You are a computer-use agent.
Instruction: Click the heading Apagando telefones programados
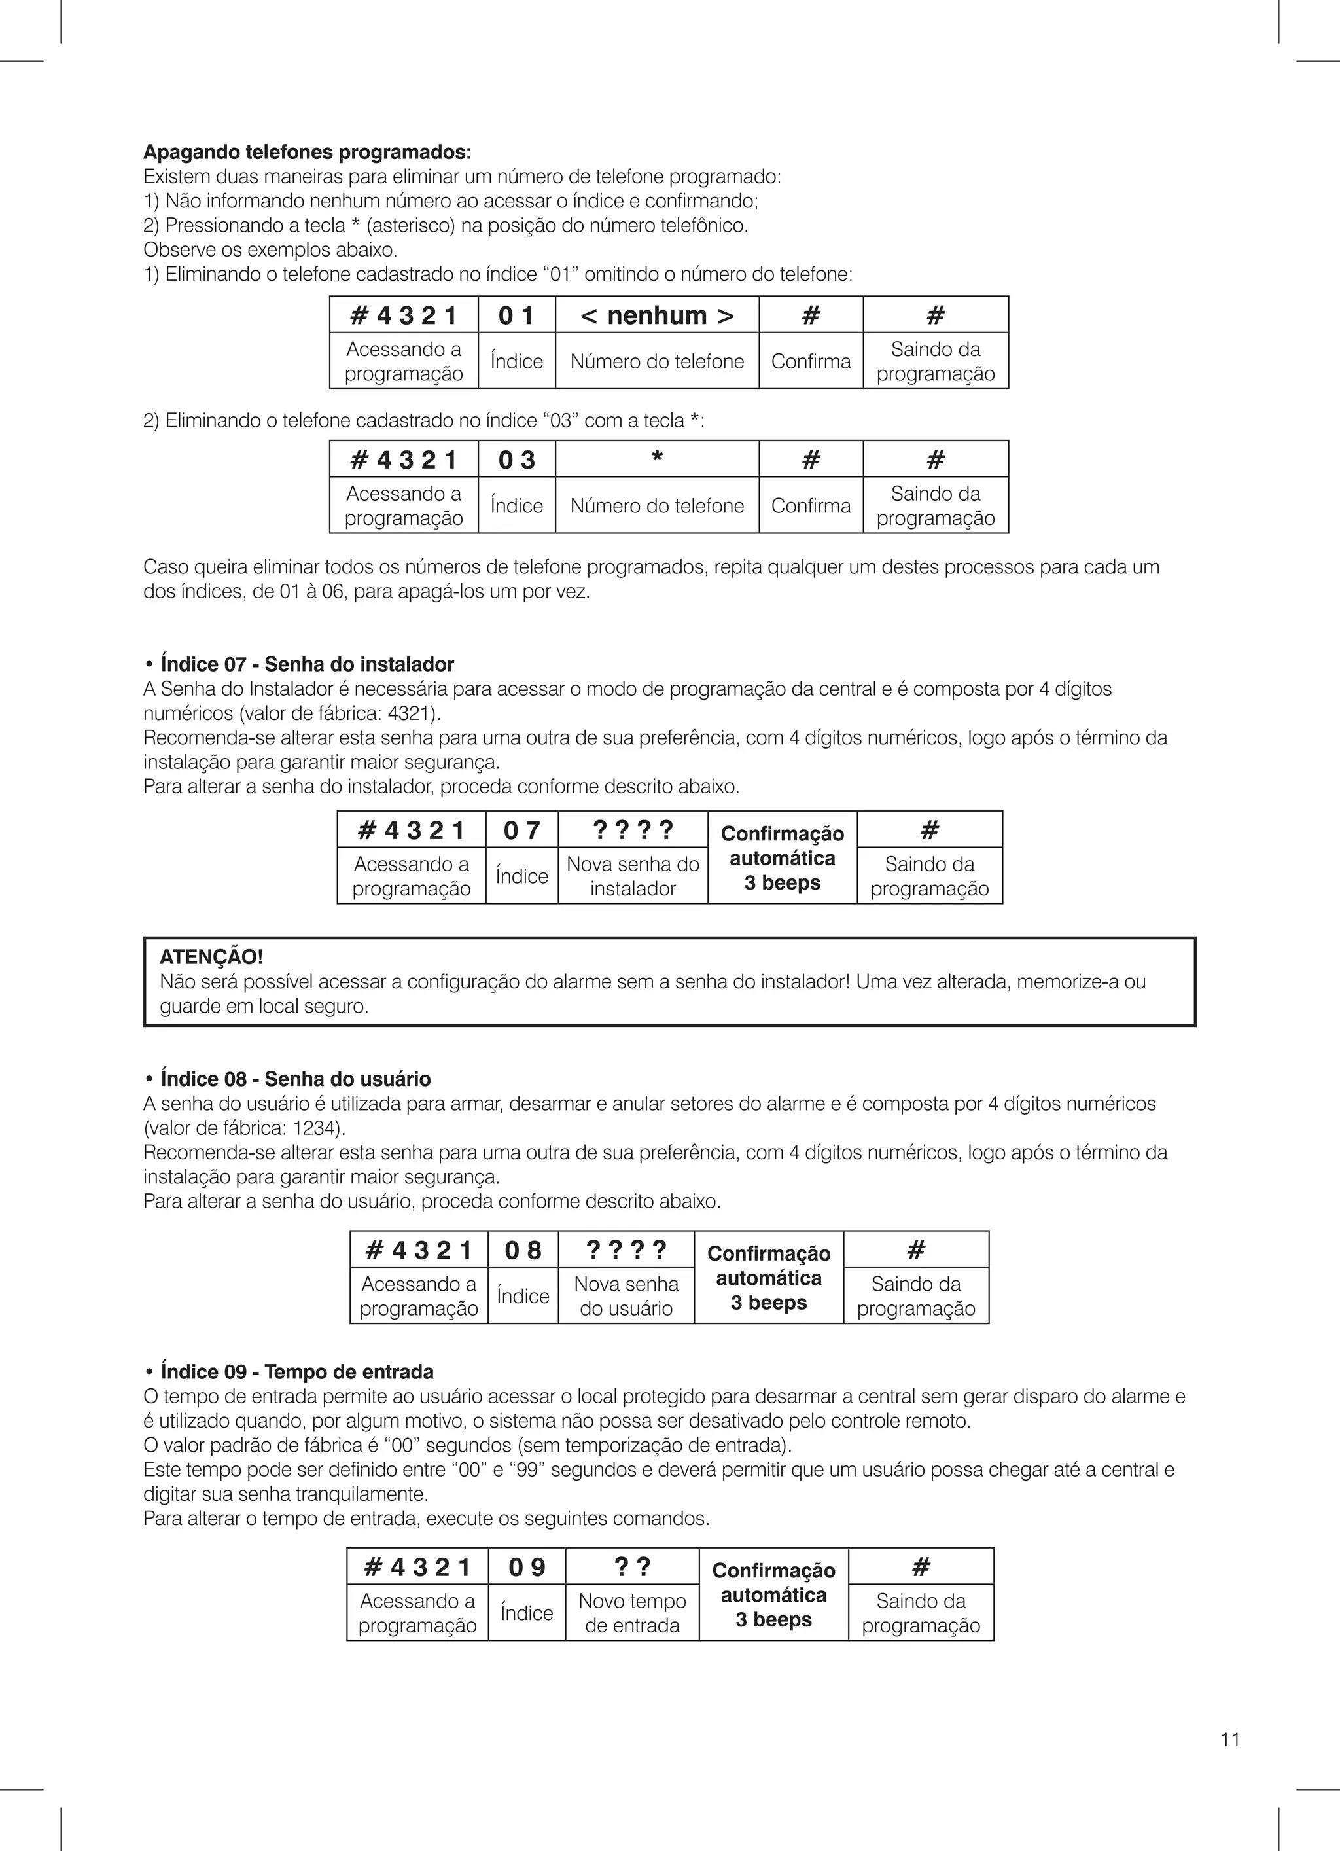point(307,153)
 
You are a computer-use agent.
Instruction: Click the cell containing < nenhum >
point(657,315)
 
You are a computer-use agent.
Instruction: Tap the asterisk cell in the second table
point(657,459)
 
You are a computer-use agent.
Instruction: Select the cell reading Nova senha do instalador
point(633,876)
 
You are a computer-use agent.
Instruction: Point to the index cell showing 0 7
point(521,830)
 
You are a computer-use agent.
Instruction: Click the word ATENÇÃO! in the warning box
point(211,956)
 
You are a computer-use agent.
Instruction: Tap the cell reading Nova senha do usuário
point(626,1296)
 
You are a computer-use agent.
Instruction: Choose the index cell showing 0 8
point(522,1250)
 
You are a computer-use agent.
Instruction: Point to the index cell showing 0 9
point(526,1567)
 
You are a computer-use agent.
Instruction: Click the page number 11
point(1230,1739)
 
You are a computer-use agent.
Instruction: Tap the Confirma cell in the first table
point(811,361)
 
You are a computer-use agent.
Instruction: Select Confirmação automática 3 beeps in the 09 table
point(773,1594)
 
